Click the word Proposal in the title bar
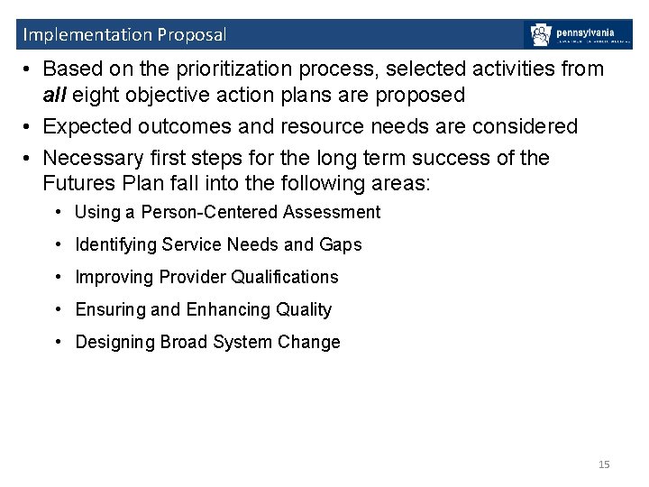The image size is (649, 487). point(192,35)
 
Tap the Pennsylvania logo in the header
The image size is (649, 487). point(579,34)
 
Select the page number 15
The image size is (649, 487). point(604,464)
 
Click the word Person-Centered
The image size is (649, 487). point(210,212)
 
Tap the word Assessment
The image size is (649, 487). point(332,212)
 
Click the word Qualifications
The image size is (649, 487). point(285,277)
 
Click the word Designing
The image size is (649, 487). point(115,342)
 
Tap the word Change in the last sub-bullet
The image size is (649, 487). point(309,342)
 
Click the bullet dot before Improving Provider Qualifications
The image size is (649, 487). point(58,277)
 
